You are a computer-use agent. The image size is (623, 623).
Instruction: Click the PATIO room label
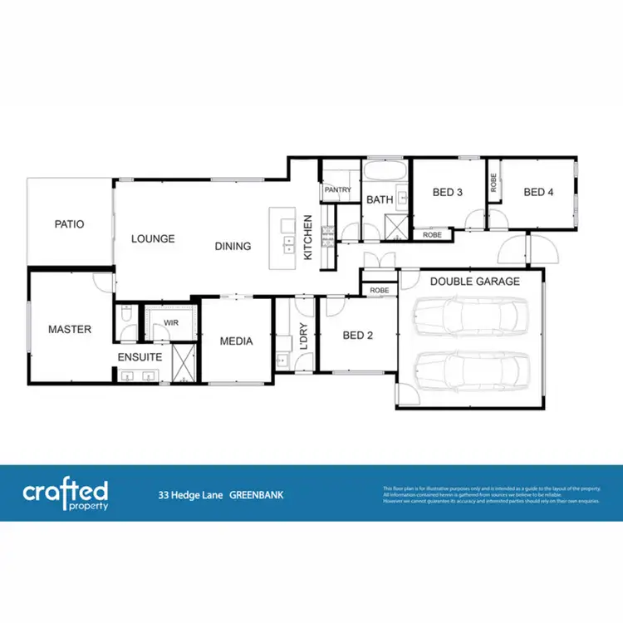pyautogui.click(x=70, y=224)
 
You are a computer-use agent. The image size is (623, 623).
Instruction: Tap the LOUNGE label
pyautogui.click(x=153, y=239)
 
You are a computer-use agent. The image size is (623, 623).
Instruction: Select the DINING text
pyautogui.click(x=233, y=246)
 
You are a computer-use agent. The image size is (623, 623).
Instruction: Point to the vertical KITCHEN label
pyautogui.click(x=307, y=238)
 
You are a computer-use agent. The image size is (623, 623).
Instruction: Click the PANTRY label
pyautogui.click(x=338, y=190)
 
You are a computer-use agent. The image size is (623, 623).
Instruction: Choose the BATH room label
pyautogui.click(x=380, y=200)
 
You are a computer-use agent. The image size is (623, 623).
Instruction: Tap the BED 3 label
pyautogui.click(x=448, y=193)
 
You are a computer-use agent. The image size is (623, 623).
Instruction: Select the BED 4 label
pyautogui.click(x=538, y=193)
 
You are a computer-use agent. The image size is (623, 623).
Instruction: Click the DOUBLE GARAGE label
pyautogui.click(x=474, y=282)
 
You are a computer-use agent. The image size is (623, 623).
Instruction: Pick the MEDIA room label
pyautogui.click(x=236, y=341)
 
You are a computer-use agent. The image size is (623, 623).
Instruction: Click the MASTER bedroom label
pyautogui.click(x=69, y=330)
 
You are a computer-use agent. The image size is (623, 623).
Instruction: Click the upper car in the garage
pyautogui.click(x=470, y=316)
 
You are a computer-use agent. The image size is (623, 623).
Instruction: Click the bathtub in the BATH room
pyautogui.click(x=385, y=175)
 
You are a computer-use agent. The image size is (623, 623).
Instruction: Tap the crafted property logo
pyautogui.click(x=65, y=493)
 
